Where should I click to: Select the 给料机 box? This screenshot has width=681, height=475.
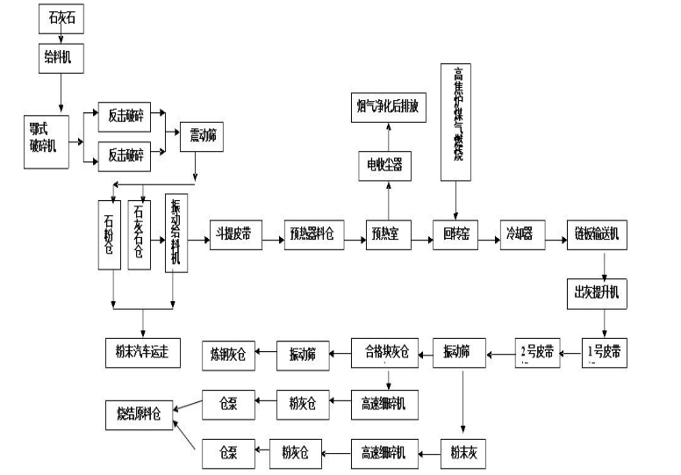click(61, 57)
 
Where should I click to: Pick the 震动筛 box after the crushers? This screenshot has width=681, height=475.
click(202, 137)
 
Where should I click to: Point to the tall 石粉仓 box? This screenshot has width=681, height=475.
click(112, 236)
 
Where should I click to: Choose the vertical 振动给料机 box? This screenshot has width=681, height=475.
click(176, 235)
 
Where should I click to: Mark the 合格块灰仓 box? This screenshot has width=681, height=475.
click(386, 354)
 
